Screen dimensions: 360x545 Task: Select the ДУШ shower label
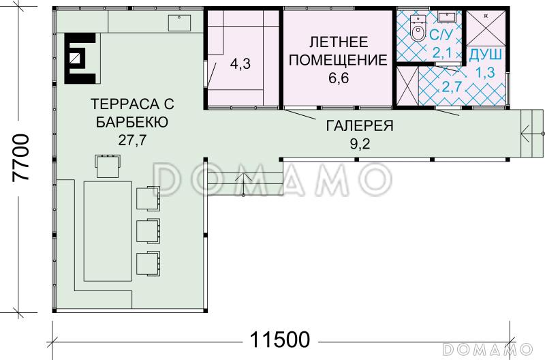486,53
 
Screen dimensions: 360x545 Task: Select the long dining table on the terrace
107,231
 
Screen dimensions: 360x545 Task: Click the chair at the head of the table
108,166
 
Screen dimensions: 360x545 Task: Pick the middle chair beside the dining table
148,230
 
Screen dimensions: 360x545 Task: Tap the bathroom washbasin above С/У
448,17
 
